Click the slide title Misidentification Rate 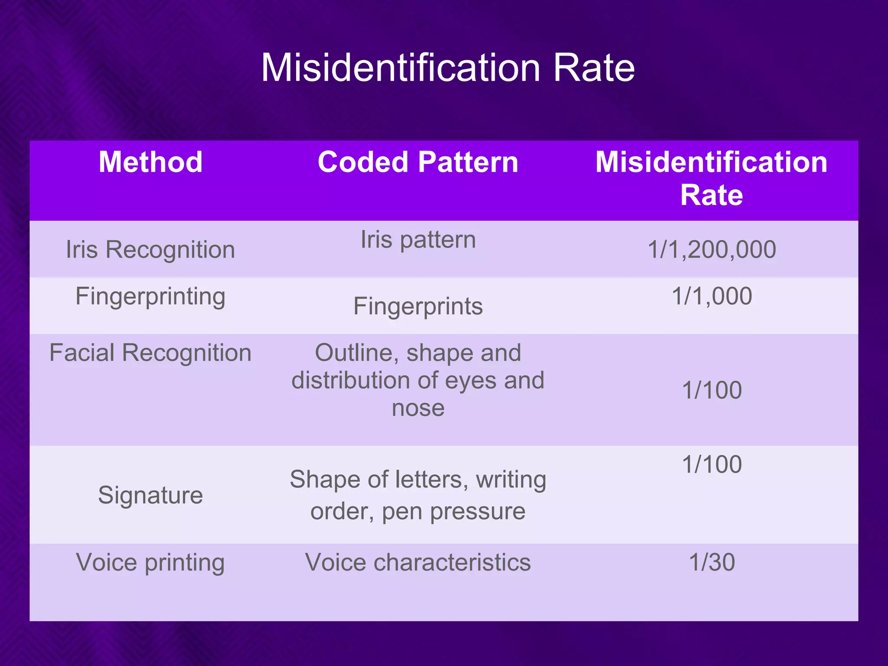click(447, 68)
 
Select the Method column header click(150, 162)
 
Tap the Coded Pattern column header click(418, 162)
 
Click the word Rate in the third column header click(711, 195)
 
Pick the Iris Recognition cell click(150, 250)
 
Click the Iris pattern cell click(418, 240)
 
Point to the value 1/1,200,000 click(712, 250)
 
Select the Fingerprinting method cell click(150, 297)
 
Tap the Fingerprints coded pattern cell click(418, 307)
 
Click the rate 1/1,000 click(712, 297)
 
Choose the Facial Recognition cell click(150, 353)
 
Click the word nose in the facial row click(418, 408)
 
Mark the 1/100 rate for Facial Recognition click(712, 390)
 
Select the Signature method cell click(150, 495)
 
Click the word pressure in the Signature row click(477, 512)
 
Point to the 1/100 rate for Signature click(712, 464)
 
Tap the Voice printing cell click(150, 562)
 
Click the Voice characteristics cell click(418, 562)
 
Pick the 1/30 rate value click(712, 562)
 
